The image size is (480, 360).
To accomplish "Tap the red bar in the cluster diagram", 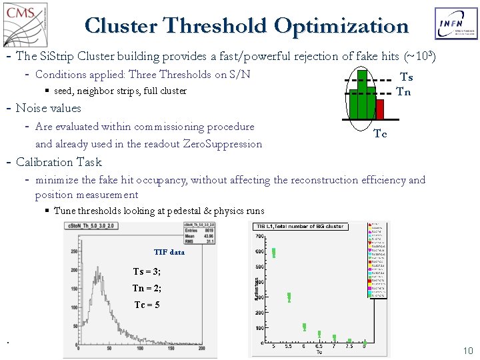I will [x=380, y=109].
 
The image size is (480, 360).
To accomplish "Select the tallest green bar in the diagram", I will [x=362, y=94].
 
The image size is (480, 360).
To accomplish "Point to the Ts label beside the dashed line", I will [x=406, y=77].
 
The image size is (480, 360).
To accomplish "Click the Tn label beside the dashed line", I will [x=403, y=92].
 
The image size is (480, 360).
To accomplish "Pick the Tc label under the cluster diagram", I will [x=380, y=134].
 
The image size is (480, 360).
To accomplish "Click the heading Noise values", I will [x=48, y=108].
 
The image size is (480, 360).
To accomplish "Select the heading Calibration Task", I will [x=59, y=162].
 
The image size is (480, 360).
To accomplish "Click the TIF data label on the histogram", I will [x=169, y=252].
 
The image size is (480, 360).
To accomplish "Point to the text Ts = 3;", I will [x=147, y=271].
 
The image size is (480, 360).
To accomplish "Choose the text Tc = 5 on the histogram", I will [x=147, y=305].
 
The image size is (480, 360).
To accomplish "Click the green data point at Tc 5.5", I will [x=289, y=297].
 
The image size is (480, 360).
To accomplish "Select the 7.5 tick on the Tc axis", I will [x=349, y=345].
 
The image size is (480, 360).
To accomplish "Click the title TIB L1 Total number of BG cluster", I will [x=306, y=227].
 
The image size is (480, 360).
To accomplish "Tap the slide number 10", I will [x=467, y=351].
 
